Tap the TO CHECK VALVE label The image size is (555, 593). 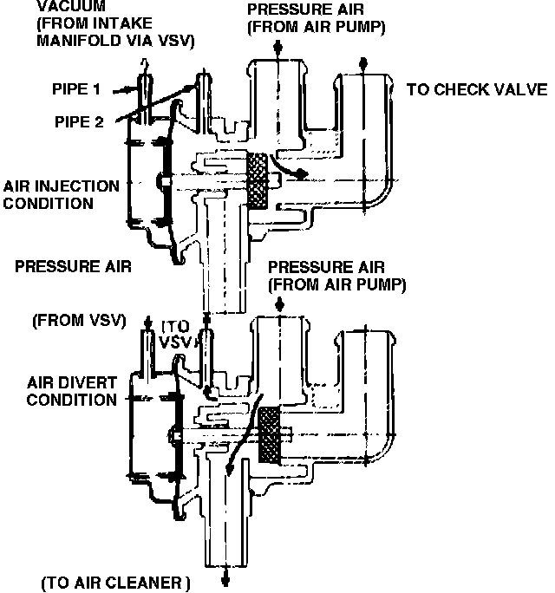pos(476,90)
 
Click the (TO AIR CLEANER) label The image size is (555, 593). pos(115,580)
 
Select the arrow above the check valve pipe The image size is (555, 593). pos(363,64)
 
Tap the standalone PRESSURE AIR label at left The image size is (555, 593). pos(73,267)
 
